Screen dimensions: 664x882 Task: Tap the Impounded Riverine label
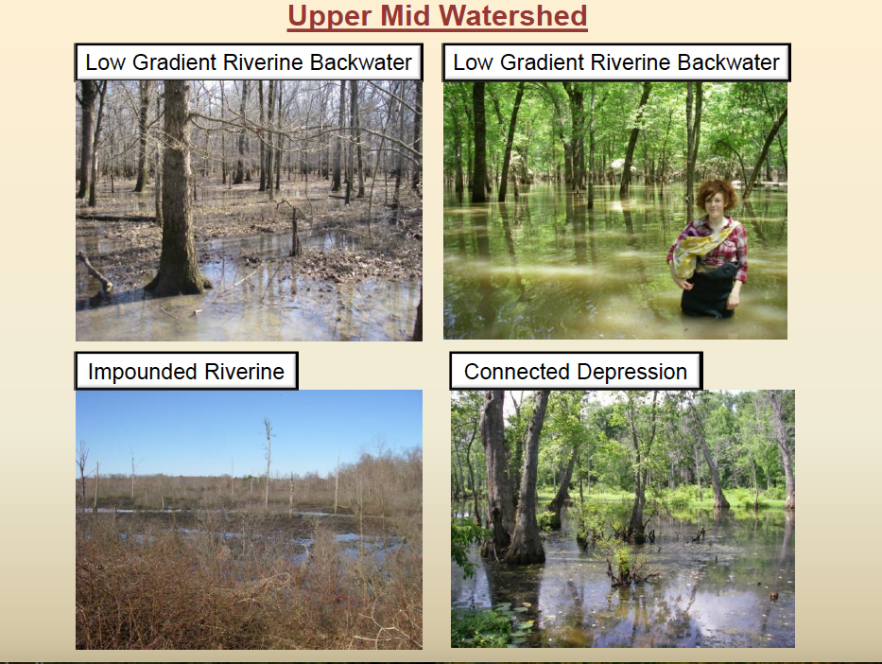(x=186, y=372)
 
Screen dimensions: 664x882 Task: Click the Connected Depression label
(x=576, y=372)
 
